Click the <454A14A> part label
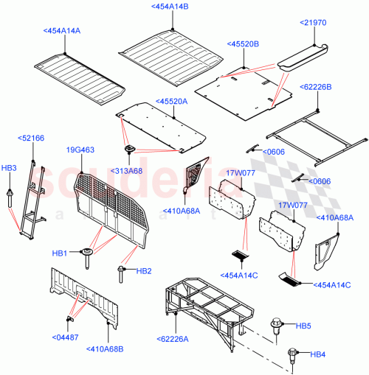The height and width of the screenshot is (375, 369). point(61,31)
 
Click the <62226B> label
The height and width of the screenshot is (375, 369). point(317,87)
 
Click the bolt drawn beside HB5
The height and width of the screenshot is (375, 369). point(280,325)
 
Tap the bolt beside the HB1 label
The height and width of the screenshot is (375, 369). point(89,255)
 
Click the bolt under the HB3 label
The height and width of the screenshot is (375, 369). point(10,197)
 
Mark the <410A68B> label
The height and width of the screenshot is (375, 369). point(106,349)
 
